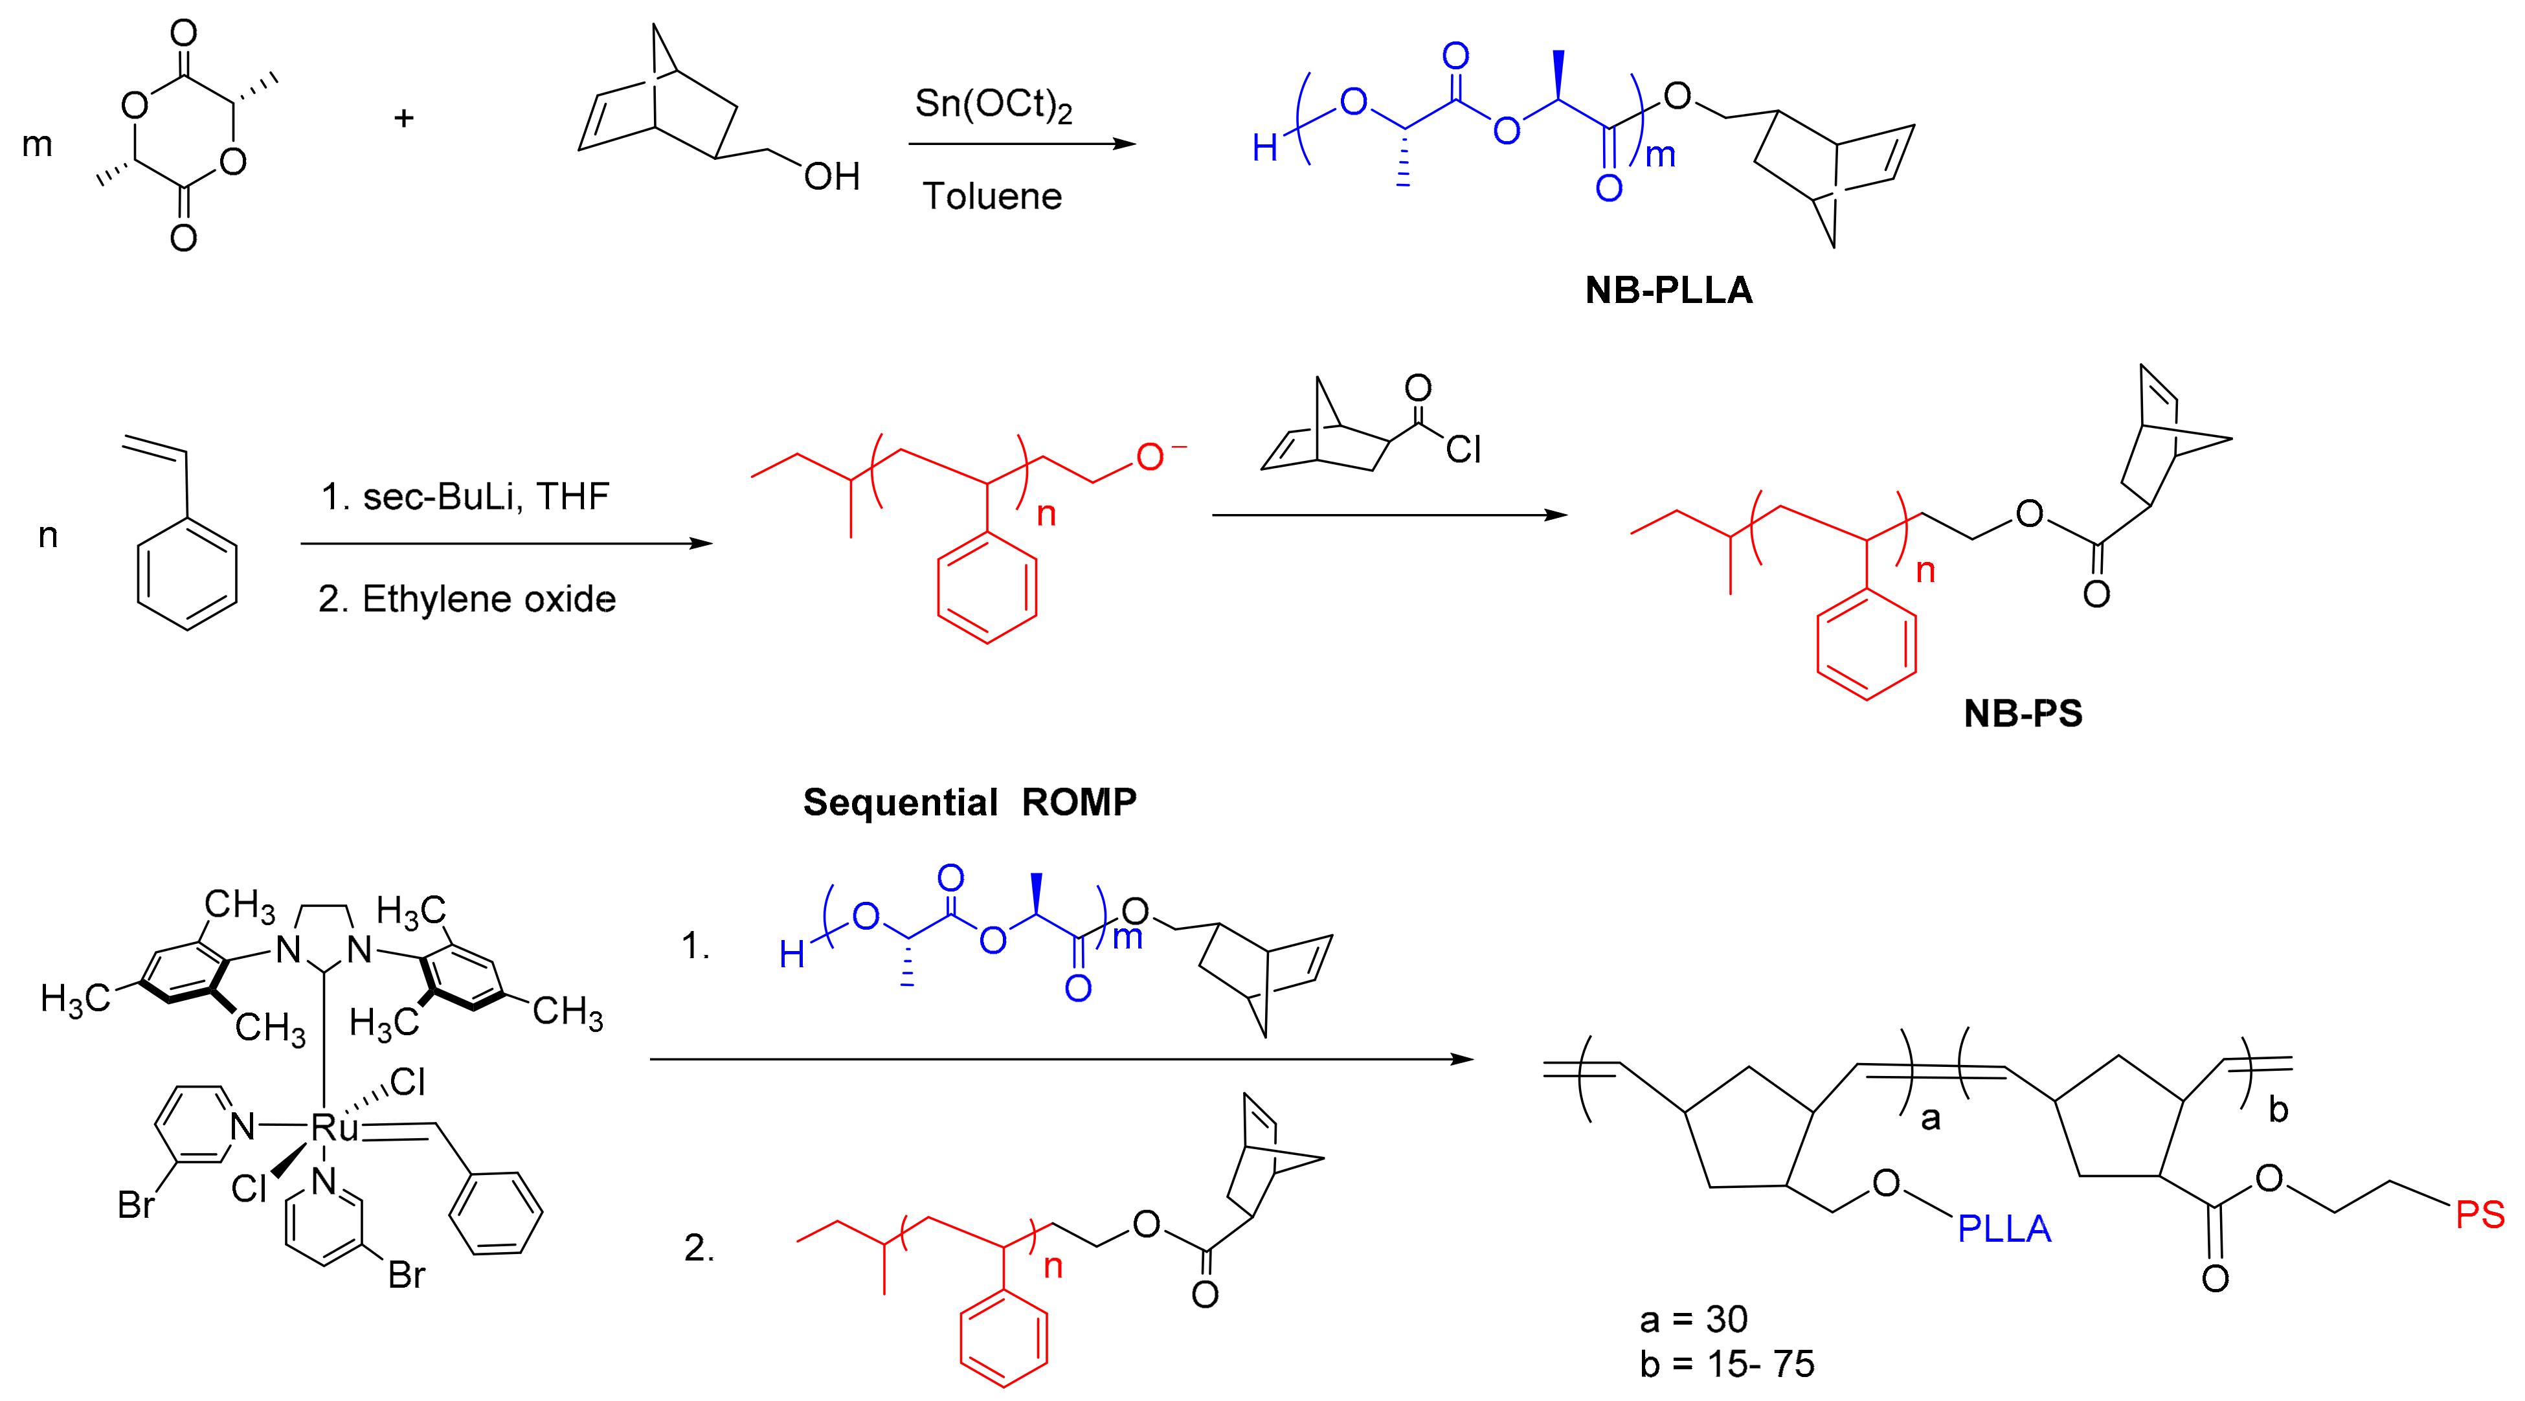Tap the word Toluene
[992, 196]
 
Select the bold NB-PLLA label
[1668, 290]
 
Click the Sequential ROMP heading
[969, 802]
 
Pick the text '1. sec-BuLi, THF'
[465, 497]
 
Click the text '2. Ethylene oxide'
[467, 599]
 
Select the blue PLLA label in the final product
[2004, 1228]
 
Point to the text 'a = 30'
[1694, 1319]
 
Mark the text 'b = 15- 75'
[1727, 1363]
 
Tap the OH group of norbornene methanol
[831, 177]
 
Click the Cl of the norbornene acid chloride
[1463, 449]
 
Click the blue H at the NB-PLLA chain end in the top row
[1264, 149]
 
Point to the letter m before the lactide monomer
[38, 145]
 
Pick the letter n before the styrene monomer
[48, 535]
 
